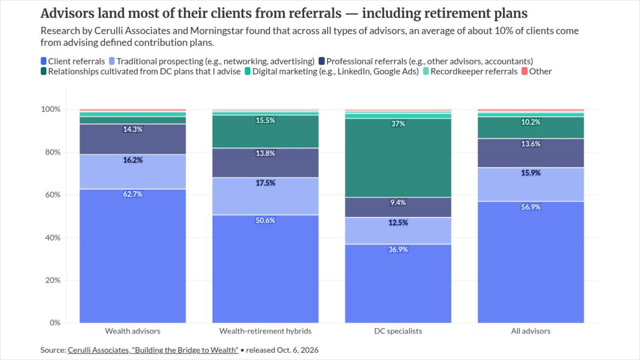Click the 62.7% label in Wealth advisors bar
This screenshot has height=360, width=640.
tap(132, 194)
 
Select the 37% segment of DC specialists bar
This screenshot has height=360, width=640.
tap(398, 158)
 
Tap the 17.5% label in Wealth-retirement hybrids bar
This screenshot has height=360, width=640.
tap(265, 183)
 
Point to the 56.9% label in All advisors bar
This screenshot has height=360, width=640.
tap(530, 207)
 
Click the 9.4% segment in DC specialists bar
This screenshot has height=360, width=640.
tap(398, 207)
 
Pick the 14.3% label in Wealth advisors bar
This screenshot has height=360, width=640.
tap(132, 129)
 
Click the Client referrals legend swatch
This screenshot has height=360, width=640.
tap(43, 61)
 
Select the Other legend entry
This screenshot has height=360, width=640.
tap(536, 71)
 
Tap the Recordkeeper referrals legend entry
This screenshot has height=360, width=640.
tap(470, 71)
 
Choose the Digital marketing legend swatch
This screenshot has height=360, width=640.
tap(247, 71)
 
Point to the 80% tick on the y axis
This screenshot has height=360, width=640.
tap(53, 152)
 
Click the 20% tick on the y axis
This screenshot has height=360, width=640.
tap(53, 280)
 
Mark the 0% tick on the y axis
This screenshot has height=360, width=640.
tap(55, 323)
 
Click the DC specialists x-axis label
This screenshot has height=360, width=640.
tap(398, 331)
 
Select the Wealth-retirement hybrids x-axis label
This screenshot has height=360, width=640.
tap(265, 331)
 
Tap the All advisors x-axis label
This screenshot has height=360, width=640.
tap(530, 331)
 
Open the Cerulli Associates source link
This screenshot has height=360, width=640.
tap(153, 350)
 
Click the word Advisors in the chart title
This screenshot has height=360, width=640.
tap(67, 13)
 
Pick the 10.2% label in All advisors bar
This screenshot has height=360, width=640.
tap(530, 122)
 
